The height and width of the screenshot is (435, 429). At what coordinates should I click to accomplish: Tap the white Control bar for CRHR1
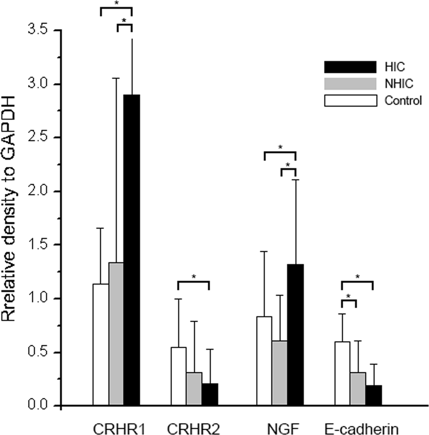coord(101,344)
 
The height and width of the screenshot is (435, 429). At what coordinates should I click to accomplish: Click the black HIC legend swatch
coord(350,66)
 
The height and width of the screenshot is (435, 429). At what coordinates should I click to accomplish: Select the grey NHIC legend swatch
coord(350,83)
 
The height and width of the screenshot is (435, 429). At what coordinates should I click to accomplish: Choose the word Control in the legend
coord(403,101)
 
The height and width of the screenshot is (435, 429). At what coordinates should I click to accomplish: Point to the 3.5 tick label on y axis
coord(42,31)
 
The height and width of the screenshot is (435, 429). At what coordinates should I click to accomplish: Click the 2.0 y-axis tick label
coord(42,192)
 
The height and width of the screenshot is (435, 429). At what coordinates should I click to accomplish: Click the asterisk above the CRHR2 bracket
coord(194,276)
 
